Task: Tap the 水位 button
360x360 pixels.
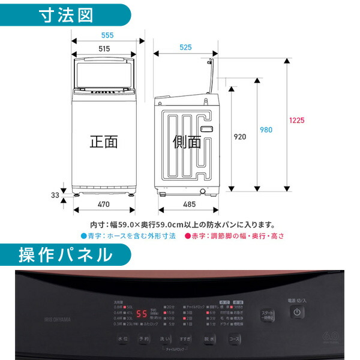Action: (x=123, y=339)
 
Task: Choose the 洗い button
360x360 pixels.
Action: (x=165, y=339)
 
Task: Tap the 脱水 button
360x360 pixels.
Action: (x=209, y=339)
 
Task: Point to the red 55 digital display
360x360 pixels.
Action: (x=142, y=314)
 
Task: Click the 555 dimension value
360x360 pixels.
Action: (x=107, y=35)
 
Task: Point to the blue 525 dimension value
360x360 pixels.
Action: (x=185, y=47)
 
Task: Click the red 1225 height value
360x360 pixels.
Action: (x=296, y=120)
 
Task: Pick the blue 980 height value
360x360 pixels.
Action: (x=266, y=130)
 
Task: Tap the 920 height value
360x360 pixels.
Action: (x=239, y=137)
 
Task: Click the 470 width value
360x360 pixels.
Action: (x=103, y=205)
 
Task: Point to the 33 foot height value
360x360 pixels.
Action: (x=55, y=194)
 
